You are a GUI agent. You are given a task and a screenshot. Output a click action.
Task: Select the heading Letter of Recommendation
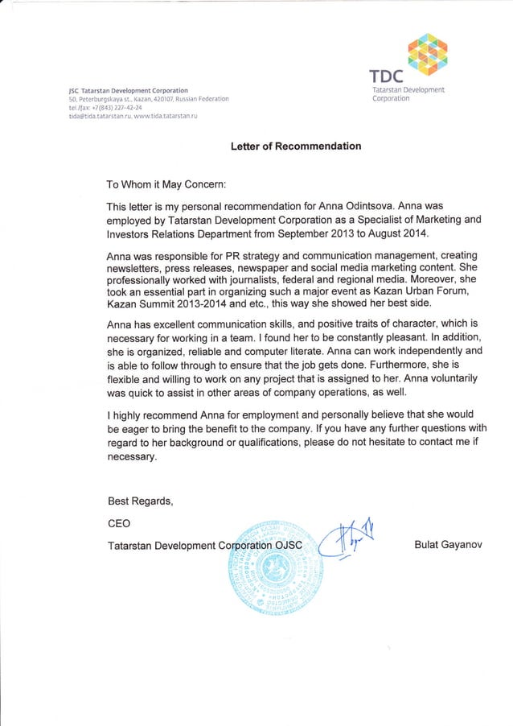pos(296,146)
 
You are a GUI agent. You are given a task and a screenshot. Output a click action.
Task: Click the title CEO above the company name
pos(119,523)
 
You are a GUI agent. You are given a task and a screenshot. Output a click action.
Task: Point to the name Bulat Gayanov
pos(447,546)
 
